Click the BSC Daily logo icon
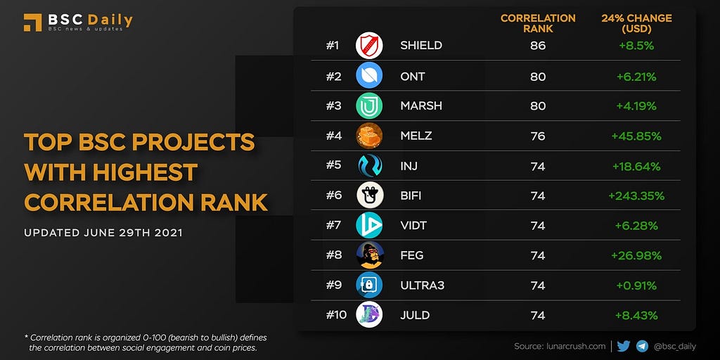click(32, 22)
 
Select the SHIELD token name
click(420, 46)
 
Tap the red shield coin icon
click(369, 46)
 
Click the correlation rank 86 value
click(538, 46)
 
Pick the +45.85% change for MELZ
click(636, 136)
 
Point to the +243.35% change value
click(636, 195)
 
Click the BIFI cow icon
click(369, 195)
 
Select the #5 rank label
click(334, 166)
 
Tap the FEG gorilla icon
click(369, 255)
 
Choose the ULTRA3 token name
click(422, 285)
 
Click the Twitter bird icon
click(624, 346)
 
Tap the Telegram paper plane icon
click(642, 346)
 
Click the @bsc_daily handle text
click(674, 346)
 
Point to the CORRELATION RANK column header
click(538, 23)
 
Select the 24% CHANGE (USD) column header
click(636, 23)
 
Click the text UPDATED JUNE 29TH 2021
click(103, 233)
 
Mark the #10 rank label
click(336, 314)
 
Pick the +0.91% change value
click(636, 285)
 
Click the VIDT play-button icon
click(369, 225)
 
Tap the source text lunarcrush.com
click(560, 346)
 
